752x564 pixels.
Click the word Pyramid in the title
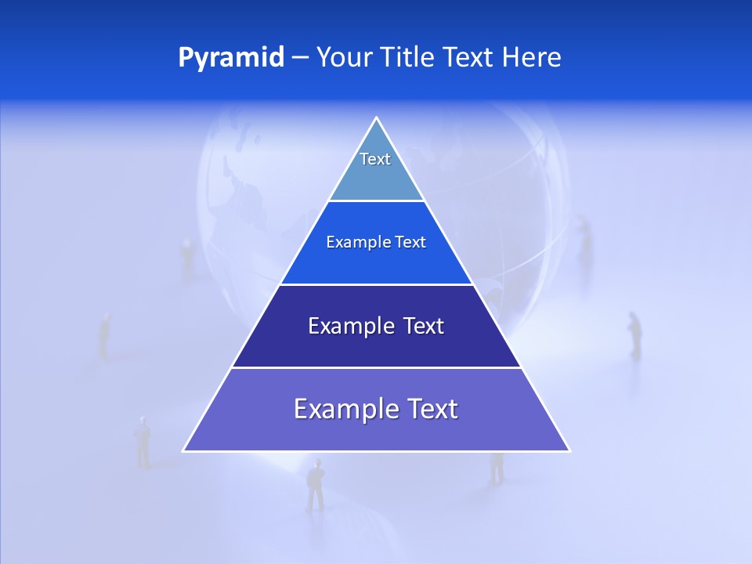tap(230, 58)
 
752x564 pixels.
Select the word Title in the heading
tap(410, 58)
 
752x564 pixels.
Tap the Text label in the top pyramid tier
tap(375, 159)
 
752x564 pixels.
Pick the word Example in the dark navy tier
tap(349, 326)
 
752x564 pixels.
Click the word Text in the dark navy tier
tap(423, 326)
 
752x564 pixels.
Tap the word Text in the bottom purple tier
tap(430, 410)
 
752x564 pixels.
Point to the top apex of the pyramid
tap(376, 118)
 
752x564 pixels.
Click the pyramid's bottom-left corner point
tap(184, 450)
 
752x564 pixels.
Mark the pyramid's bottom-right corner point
tap(569, 450)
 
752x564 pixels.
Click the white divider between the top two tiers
tap(376, 201)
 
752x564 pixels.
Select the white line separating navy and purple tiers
tap(376, 367)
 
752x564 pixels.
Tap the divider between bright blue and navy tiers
tap(376, 284)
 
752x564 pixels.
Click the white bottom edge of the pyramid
tap(376, 451)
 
